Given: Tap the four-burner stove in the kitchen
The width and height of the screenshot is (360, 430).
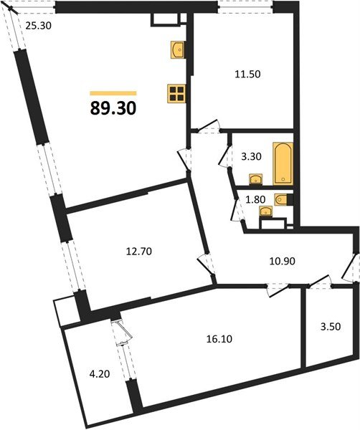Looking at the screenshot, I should pos(176,94).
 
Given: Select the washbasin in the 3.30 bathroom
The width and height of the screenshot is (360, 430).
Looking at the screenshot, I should pos(254,179).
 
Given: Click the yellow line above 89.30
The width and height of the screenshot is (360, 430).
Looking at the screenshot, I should pos(113,92).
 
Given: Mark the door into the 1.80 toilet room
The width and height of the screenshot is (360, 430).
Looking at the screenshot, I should pos(235,209).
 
